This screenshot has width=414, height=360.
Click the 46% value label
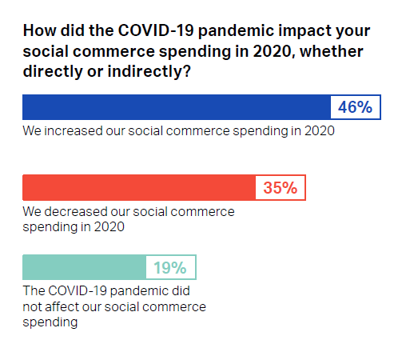click(x=355, y=107)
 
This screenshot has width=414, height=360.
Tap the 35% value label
click(x=281, y=187)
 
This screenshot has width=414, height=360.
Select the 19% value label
click(x=170, y=267)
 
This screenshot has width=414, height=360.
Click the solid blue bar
click(x=177, y=107)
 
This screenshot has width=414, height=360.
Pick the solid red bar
click(x=139, y=187)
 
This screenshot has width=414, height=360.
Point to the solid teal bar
click(x=84, y=267)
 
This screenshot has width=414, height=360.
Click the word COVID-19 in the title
click(x=156, y=30)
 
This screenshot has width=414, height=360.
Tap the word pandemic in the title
click(x=236, y=31)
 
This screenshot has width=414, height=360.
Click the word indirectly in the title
click(x=149, y=72)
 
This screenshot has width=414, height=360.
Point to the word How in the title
click(x=40, y=30)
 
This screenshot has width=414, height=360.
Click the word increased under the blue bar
click(x=74, y=131)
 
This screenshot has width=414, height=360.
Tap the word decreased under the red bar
click(x=76, y=212)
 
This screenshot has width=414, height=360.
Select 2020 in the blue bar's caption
click(x=320, y=131)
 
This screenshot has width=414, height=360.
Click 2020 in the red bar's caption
click(x=109, y=227)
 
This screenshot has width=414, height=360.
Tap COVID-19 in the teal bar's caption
click(x=78, y=290)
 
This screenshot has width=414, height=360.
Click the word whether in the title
click(x=332, y=51)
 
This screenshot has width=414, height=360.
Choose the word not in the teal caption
click(x=32, y=307)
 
